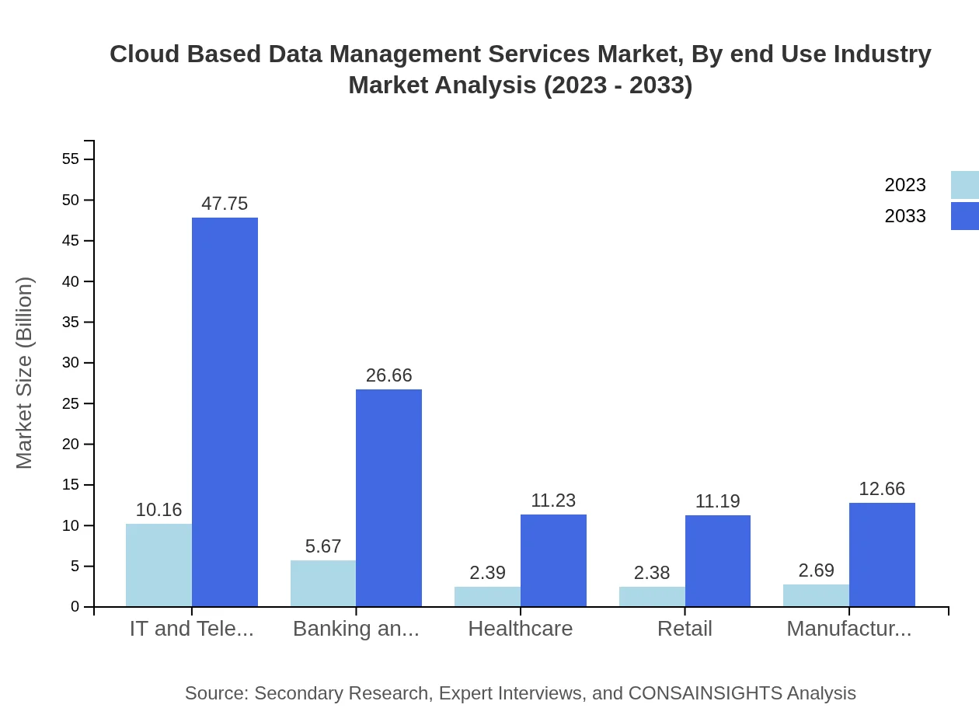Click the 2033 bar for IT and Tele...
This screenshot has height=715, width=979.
click(x=225, y=412)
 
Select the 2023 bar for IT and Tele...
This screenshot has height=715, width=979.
click(x=159, y=565)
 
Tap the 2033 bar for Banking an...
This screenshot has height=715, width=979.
click(x=388, y=497)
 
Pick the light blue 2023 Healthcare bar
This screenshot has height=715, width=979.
click(x=487, y=596)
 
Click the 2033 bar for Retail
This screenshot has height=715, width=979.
click(x=718, y=560)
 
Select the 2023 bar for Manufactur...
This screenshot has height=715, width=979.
click(x=816, y=595)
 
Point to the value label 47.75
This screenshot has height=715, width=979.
click(x=225, y=204)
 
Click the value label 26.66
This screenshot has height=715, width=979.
click(x=388, y=375)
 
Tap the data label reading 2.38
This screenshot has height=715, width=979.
click(x=651, y=573)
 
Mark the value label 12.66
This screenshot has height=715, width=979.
click(x=882, y=489)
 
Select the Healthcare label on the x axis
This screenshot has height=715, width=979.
click(x=520, y=629)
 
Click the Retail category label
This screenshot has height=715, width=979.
click(x=685, y=629)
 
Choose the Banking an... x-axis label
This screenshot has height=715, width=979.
click(x=356, y=629)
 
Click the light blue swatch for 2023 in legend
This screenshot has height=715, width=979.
click(x=964, y=185)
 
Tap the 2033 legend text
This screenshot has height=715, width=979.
click(x=905, y=216)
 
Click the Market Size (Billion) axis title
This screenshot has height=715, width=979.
click(x=25, y=373)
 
